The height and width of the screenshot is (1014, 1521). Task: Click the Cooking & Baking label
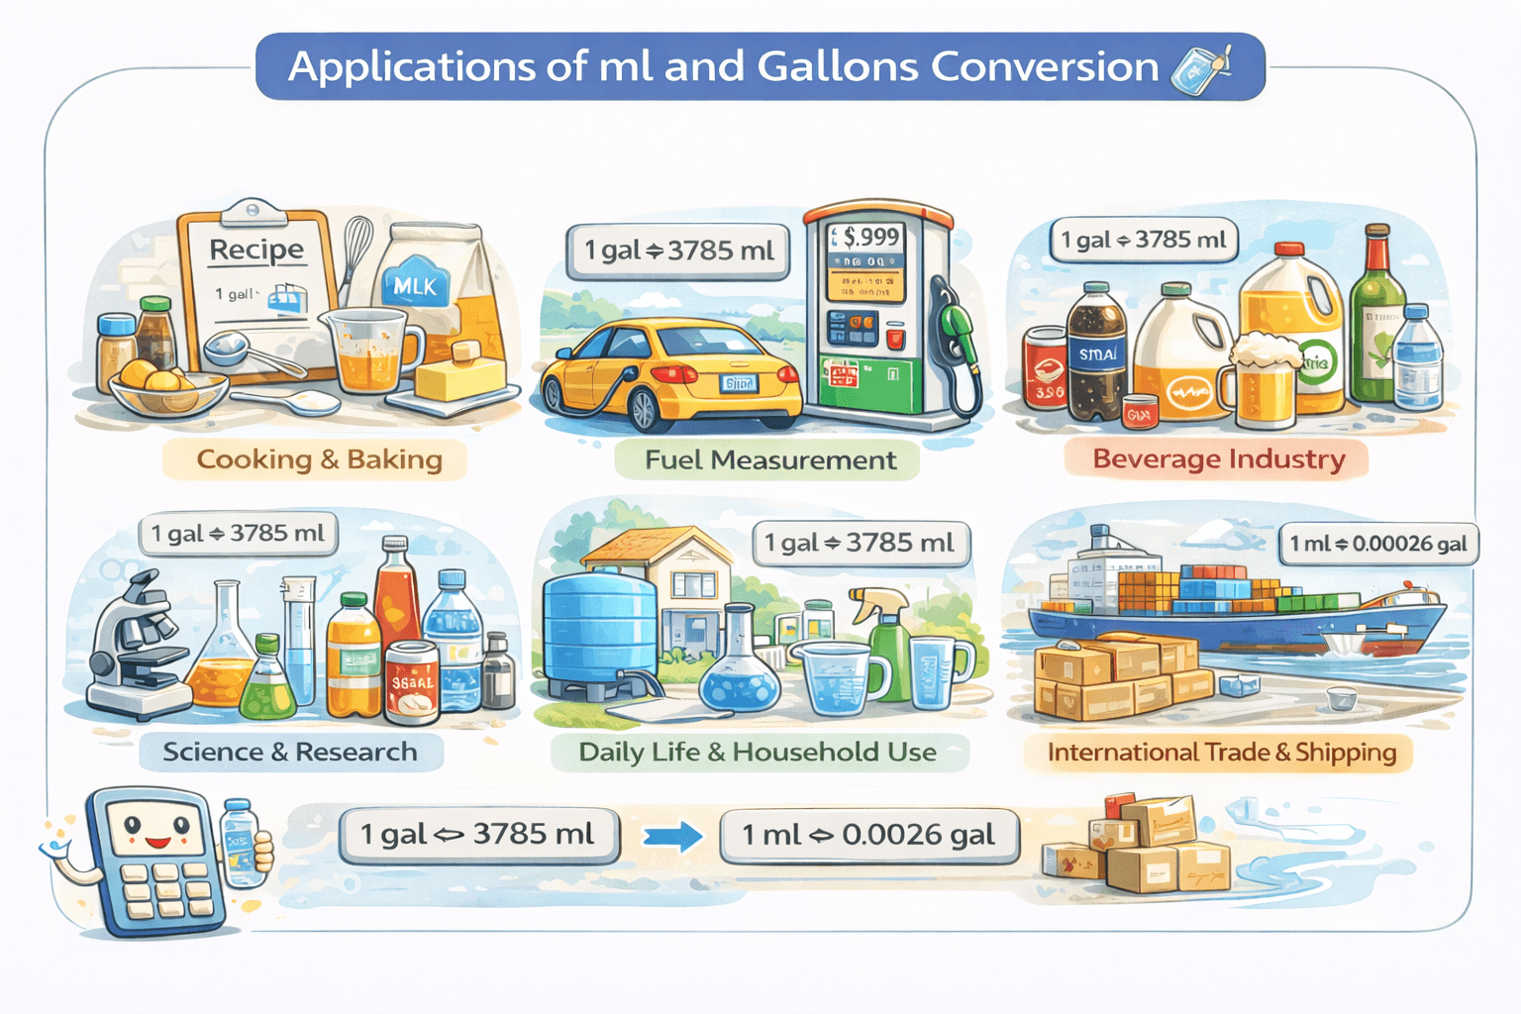(x=319, y=459)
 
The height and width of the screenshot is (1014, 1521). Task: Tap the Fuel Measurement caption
(x=769, y=460)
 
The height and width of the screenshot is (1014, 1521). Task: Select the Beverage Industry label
(x=1218, y=459)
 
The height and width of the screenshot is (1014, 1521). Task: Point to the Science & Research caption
(x=289, y=752)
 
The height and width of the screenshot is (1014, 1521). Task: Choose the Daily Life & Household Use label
(x=758, y=752)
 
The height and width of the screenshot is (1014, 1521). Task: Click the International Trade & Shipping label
(x=1221, y=753)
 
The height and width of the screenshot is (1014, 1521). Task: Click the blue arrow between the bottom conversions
(x=672, y=837)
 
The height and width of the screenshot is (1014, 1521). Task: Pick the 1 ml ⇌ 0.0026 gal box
(x=868, y=835)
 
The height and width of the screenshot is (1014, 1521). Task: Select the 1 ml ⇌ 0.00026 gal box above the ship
(x=1377, y=544)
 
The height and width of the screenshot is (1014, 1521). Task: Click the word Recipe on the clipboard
(x=256, y=250)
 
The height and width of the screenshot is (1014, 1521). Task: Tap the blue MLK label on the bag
(x=415, y=286)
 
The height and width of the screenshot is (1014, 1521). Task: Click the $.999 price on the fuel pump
(x=866, y=237)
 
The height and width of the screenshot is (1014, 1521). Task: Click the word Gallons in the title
(x=838, y=66)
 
